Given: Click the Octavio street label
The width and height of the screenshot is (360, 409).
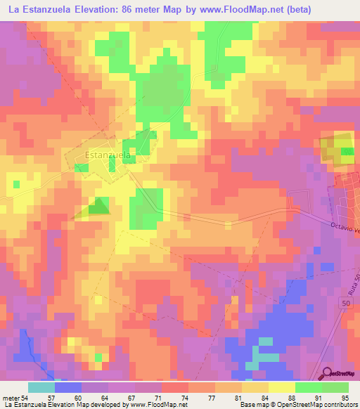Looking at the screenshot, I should pos(343,229).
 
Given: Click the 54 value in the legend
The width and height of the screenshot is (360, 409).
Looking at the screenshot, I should pos(25,399).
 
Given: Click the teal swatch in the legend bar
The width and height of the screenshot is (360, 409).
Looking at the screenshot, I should pos(41,387).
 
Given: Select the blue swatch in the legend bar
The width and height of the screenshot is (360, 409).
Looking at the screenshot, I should pos(68,387).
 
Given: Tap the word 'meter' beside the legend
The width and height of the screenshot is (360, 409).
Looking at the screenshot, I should pos(11,399).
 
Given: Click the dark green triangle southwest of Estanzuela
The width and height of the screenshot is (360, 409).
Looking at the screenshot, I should pos(100,206).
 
